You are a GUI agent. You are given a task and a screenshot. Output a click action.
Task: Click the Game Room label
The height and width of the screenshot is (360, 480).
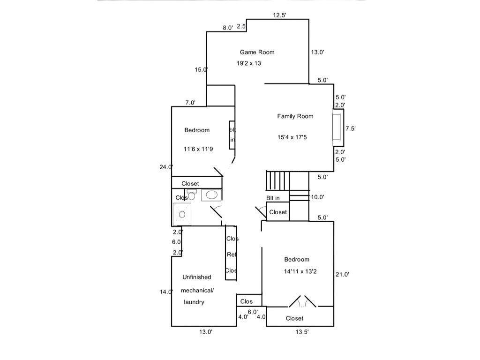(x=257, y=52)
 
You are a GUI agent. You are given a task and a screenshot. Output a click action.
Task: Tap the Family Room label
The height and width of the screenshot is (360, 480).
(x=295, y=116)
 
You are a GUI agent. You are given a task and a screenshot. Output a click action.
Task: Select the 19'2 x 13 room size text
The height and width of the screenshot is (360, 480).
(x=248, y=63)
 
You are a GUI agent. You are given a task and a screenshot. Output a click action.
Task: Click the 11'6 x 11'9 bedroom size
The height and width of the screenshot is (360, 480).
(x=198, y=149)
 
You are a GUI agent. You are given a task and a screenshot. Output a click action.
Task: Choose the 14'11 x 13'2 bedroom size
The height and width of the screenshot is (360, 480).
(x=300, y=271)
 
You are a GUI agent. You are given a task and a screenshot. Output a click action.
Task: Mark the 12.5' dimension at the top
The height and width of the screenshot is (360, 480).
(x=280, y=15)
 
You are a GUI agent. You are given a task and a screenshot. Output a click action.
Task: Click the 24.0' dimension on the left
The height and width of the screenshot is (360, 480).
(x=166, y=167)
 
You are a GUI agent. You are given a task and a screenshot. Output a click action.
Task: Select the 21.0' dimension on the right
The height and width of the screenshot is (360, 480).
(x=343, y=275)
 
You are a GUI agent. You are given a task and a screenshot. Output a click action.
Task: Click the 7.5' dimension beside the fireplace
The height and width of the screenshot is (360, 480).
(x=351, y=128)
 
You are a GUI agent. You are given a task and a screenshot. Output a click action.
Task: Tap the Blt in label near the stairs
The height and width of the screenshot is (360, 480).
(x=273, y=198)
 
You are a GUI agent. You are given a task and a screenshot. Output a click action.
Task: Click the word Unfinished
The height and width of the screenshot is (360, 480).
(x=196, y=277)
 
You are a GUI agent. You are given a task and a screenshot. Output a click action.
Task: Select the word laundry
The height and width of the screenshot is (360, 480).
(x=194, y=302)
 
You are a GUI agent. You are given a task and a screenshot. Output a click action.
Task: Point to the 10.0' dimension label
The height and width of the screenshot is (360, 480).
(x=318, y=197)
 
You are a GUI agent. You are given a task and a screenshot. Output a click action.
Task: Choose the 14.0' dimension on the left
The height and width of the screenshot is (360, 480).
(x=166, y=292)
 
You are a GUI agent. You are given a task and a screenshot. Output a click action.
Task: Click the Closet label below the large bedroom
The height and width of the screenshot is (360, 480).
(x=294, y=318)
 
